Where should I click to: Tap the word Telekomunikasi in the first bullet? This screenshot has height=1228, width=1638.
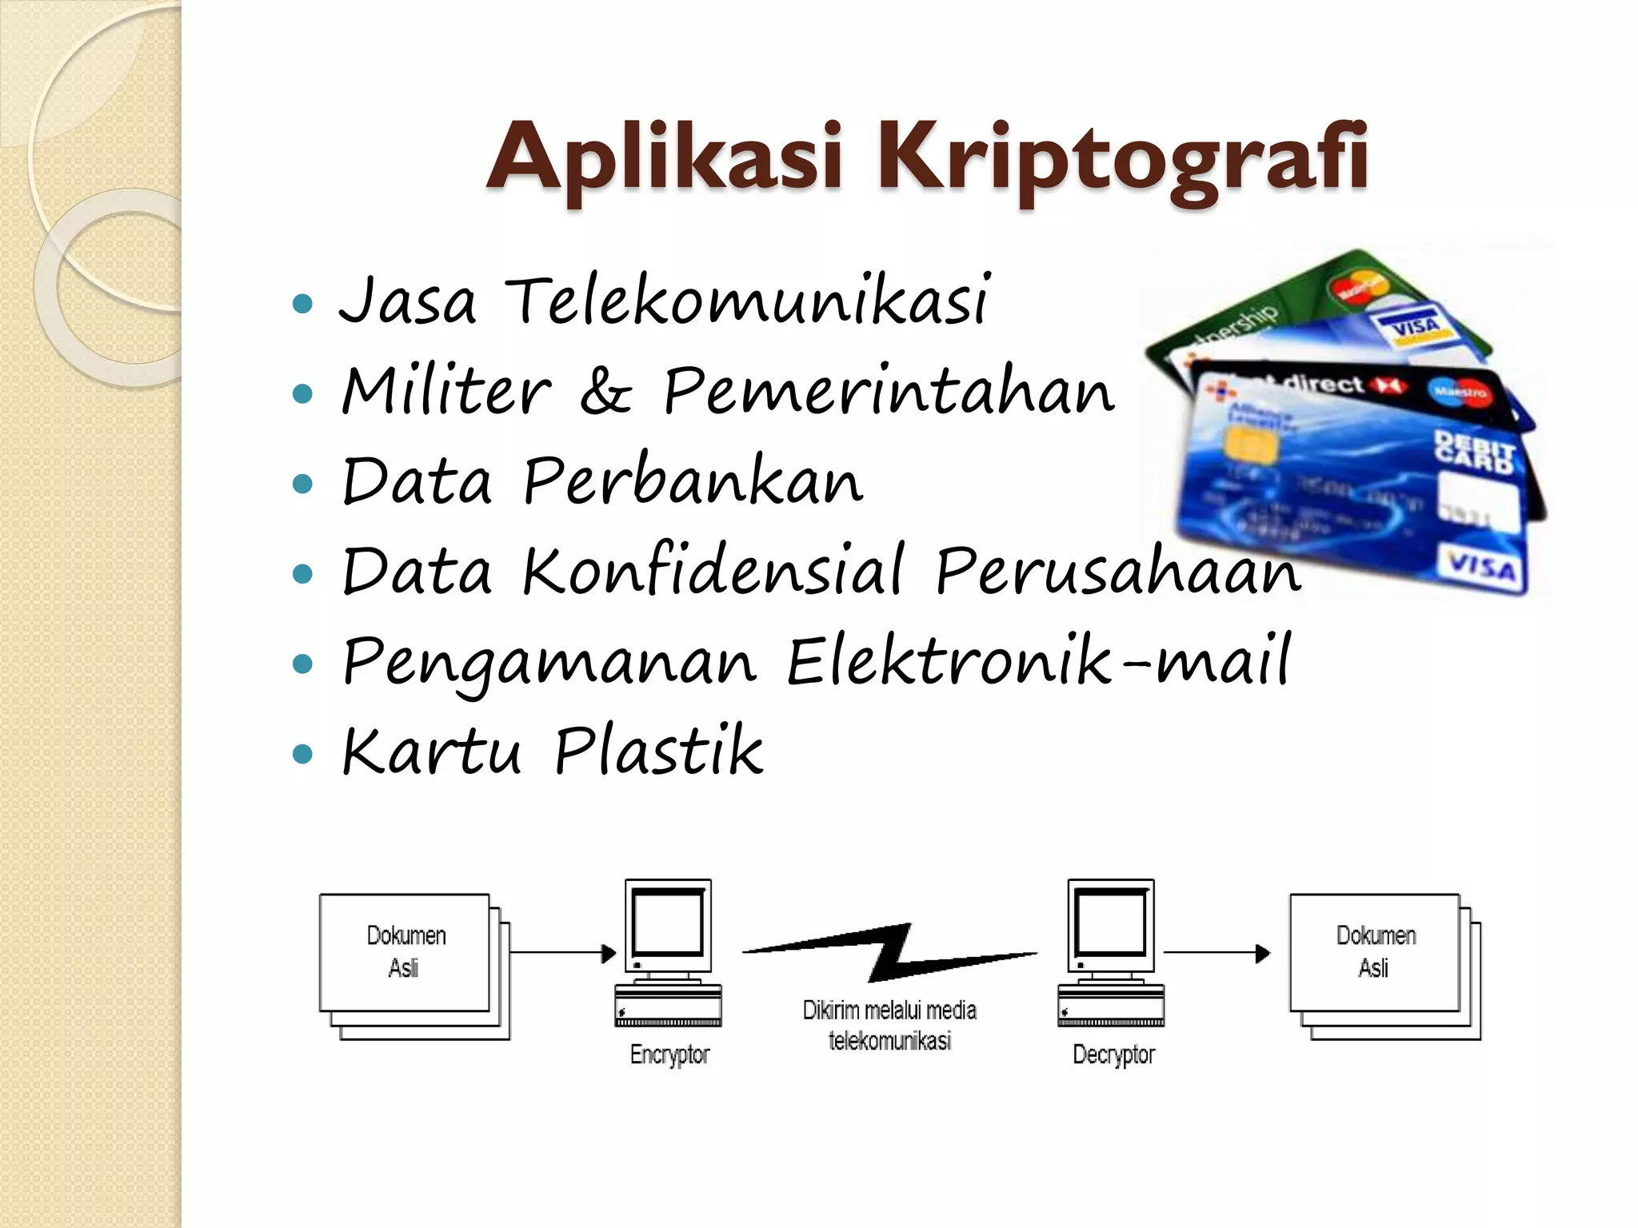[x=748, y=301]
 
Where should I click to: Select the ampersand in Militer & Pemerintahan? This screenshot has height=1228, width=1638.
[x=606, y=392]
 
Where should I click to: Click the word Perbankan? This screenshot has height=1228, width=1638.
[x=693, y=481]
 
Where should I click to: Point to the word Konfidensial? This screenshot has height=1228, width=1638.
[x=714, y=571]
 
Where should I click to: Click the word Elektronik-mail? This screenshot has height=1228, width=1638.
[x=1038, y=662]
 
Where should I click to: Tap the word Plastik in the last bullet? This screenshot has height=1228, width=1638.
[x=658, y=752]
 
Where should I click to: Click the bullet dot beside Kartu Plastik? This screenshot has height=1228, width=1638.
[x=302, y=753]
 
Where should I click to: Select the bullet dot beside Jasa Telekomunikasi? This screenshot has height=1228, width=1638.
[x=302, y=304]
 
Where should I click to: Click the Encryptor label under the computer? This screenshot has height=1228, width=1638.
[x=669, y=1055]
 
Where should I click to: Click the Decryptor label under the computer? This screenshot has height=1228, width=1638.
[x=1113, y=1055]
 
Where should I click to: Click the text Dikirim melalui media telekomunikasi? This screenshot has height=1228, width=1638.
[x=889, y=1025]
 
